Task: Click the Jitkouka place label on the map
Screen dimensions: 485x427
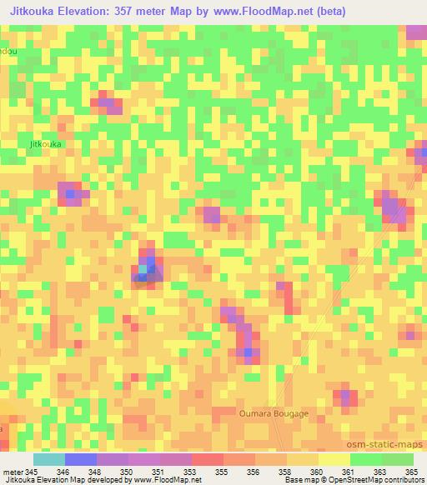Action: tap(46, 143)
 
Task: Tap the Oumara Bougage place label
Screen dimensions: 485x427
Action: tap(273, 413)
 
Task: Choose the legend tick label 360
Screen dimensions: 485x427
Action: tap(314, 472)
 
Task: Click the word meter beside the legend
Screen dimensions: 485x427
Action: tap(13, 472)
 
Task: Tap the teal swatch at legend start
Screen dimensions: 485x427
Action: tap(48, 459)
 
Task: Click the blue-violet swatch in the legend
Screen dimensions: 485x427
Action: tap(80, 459)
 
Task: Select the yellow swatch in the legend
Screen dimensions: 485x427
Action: tap(334, 459)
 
